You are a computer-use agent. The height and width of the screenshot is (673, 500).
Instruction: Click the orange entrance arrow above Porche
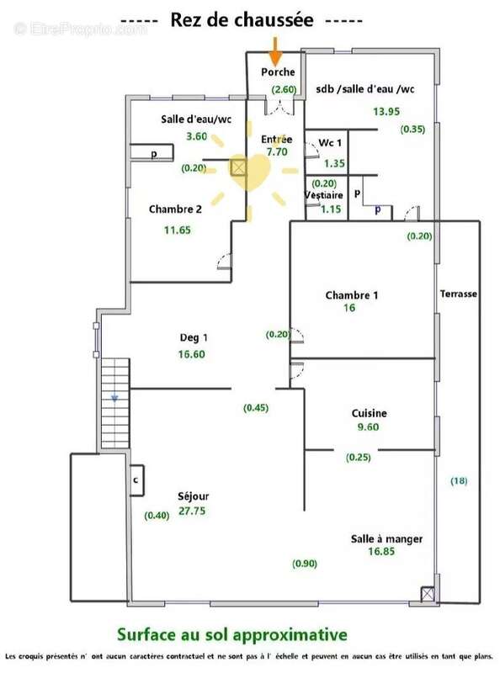click(x=275, y=50)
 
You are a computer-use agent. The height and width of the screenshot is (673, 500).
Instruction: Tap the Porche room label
click(x=278, y=72)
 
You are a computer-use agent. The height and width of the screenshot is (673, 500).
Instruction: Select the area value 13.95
click(x=386, y=112)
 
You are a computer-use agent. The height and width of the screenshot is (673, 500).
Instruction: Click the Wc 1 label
click(x=330, y=143)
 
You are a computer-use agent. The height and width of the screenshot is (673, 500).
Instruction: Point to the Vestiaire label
click(x=324, y=195)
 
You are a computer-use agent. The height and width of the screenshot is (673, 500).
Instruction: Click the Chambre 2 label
click(x=175, y=209)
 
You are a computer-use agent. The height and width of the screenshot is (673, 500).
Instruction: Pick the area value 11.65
click(x=178, y=230)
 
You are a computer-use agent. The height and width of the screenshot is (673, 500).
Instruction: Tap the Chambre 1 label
click(x=352, y=295)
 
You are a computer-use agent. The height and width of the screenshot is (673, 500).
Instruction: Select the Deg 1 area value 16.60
click(x=192, y=354)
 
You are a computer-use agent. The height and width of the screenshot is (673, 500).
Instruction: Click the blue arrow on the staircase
click(x=114, y=398)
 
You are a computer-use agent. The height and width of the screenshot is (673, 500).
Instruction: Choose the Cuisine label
click(x=369, y=413)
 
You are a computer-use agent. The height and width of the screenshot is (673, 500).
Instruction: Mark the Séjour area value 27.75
click(x=192, y=511)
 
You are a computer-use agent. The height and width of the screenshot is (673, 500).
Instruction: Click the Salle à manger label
click(x=386, y=539)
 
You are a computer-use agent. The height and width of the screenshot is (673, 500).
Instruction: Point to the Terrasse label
click(x=458, y=294)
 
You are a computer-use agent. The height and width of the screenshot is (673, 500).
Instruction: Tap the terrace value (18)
click(x=459, y=480)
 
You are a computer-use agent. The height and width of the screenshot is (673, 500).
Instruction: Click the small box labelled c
click(x=136, y=480)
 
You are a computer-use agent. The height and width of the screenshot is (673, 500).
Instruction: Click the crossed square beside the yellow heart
click(x=238, y=167)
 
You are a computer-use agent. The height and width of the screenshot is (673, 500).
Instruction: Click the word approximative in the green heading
click(x=290, y=635)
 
